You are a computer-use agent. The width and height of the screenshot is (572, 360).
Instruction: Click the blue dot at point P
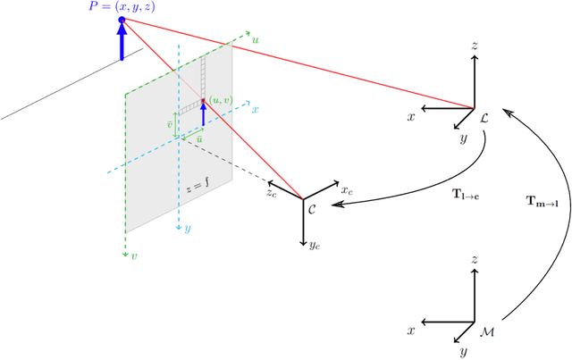tap(122, 20)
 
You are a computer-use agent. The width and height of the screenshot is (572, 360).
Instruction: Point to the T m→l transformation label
tap(542, 202)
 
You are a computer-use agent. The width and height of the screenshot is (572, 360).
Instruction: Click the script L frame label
tap(484, 117)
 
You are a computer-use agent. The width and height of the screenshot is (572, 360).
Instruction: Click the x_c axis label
tap(347, 190)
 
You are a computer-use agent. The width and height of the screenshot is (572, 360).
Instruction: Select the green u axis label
tap(257, 39)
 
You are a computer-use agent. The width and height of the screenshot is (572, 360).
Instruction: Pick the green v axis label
tap(135, 256)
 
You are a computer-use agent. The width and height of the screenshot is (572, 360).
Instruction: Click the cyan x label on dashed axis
tap(255, 109)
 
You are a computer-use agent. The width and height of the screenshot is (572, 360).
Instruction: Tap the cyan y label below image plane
tap(187, 229)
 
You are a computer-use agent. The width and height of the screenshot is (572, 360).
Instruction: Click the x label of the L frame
tap(411, 117)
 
